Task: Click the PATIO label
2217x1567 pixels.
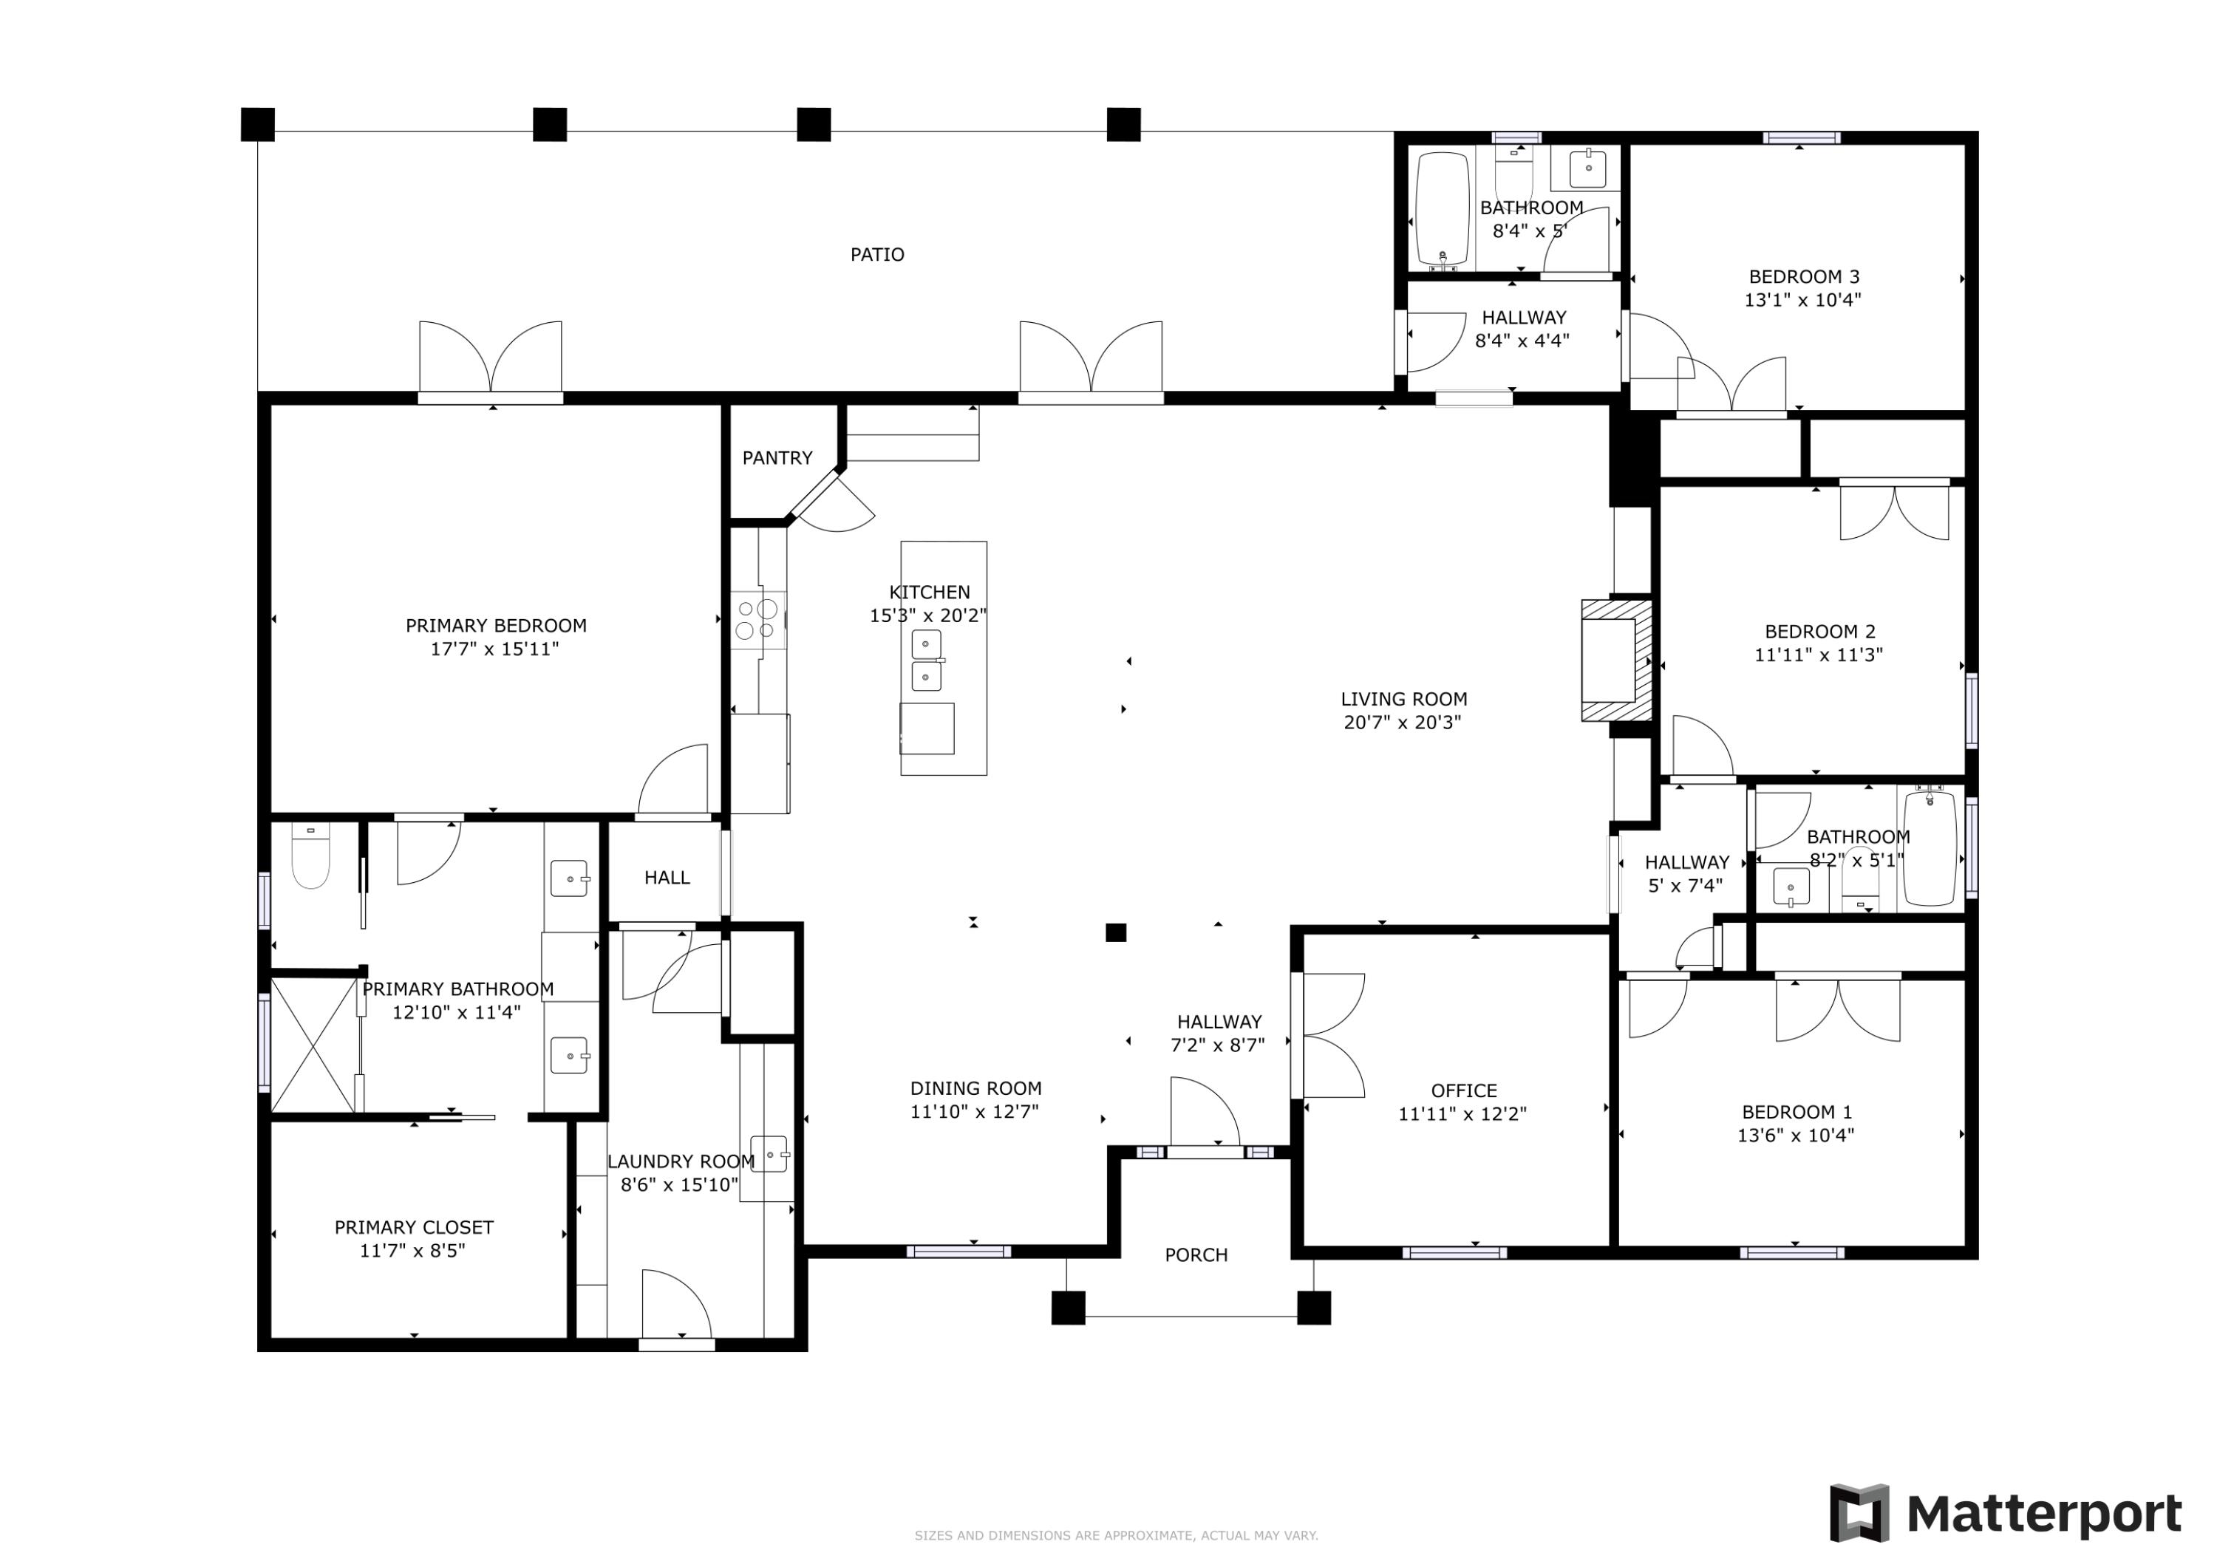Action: [876, 255]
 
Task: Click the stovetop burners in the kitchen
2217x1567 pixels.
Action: [757, 620]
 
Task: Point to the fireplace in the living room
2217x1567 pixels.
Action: [1615, 660]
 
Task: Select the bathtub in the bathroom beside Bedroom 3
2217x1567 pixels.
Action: [1442, 210]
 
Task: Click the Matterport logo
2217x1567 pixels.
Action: [2006, 1513]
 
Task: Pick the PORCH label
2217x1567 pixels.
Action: [1196, 1255]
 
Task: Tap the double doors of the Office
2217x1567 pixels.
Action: [1331, 1036]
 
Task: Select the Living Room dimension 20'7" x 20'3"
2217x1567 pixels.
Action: [1402, 723]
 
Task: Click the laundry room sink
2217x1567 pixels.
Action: [769, 1155]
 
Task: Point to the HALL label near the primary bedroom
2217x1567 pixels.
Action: [667, 878]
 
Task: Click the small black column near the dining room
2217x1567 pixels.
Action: [1115, 932]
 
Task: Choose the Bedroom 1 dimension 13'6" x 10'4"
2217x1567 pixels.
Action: [1795, 1136]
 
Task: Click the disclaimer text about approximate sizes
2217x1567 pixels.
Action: [1116, 1535]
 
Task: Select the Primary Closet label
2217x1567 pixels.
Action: [413, 1227]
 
